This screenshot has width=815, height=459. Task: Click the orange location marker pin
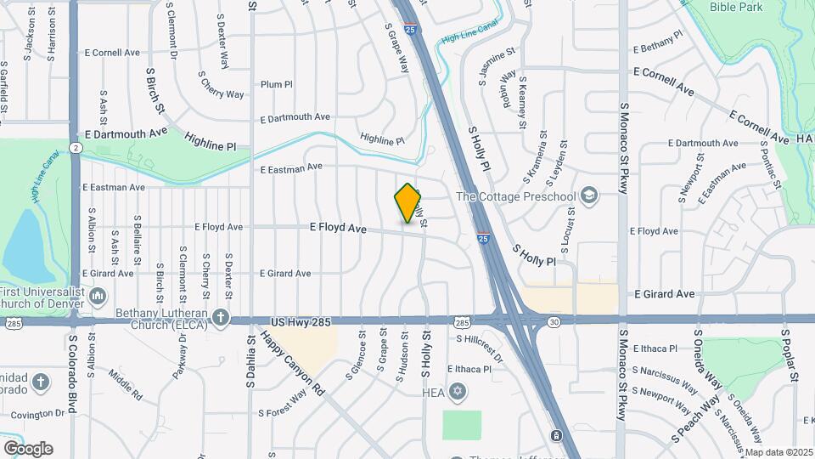(x=408, y=203)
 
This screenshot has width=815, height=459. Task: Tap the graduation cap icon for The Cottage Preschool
(x=588, y=196)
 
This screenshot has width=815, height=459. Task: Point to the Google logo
(x=27, y=448)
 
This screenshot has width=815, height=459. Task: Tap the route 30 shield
(x=553, y=321)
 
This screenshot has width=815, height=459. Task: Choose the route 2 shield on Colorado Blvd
(x=76, y=148)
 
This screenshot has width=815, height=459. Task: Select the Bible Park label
(x=738, y=8)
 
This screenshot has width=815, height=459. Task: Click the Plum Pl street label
(x=276, y=85)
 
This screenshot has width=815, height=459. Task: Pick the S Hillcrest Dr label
(x=480, y=348)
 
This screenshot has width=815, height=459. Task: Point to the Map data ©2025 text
(x=778, y=451)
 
